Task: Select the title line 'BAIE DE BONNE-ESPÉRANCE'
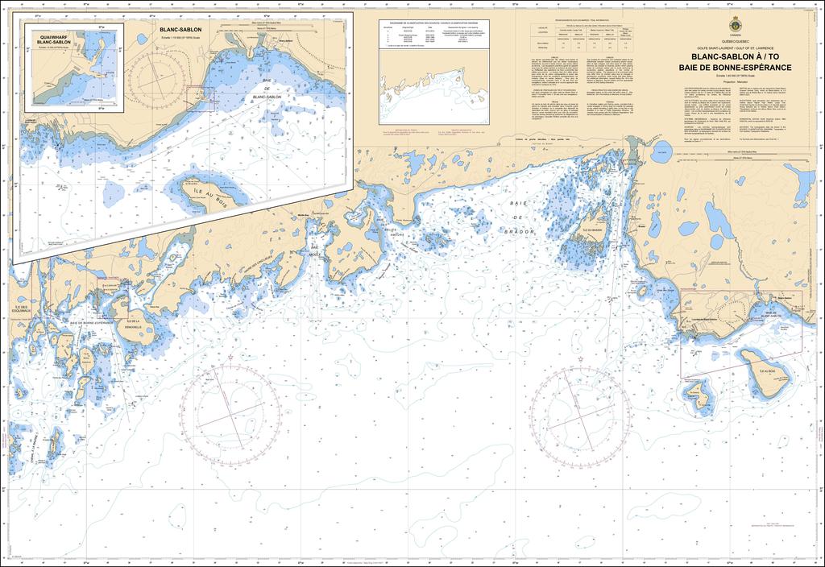[735, 67]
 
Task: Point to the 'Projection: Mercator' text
[735, 82]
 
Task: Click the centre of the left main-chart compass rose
[231, 412]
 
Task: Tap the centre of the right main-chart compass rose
[579, 412]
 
